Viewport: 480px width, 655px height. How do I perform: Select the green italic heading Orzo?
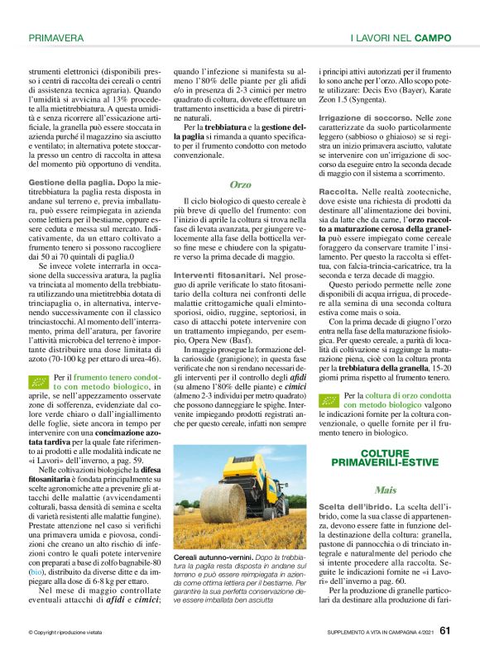point(240,184)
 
